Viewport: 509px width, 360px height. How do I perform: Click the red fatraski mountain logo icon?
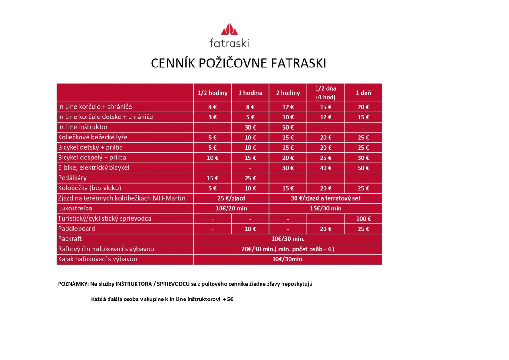pyautogui.click(x=229, y=29)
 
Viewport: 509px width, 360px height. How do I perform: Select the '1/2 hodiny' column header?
pyautogui.click(x=213, y=93)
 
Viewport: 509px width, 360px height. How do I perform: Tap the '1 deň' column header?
pyautogui.click(x=363, y=93)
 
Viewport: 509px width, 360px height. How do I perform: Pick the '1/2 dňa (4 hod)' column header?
pyautogui.click(x=325, y=93)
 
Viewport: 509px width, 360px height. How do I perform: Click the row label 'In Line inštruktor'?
pyautogui.click(x=83, y=127)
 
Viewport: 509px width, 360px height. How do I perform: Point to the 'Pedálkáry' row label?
pyautogui.click(x=72, y=178)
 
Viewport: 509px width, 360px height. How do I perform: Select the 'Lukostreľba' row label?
pyautogui.click(x=75, y=208)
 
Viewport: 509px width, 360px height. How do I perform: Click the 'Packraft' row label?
pyautogui.click(x=70, y=239)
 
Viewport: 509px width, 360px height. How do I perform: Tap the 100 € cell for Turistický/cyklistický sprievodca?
pyautogui.click(x=363, y=219)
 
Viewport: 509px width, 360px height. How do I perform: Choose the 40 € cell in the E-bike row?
pyautogui.click(x=325, y=168)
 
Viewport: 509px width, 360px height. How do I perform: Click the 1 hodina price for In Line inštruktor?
pyautogui.click(x=250, y=127)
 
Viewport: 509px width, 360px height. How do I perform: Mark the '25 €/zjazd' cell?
pyautogui.click(x=231, y=198)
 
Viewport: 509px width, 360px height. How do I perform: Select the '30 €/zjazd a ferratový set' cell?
pyautogui.click(x=325, y=198)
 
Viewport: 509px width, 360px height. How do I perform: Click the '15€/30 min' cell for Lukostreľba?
pyautogui.click(x=325, y=208)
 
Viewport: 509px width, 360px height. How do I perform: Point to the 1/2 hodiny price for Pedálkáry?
pyautogui.click(x=213, y=178)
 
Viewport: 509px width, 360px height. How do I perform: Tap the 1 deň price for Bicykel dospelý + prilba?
pyautogui.click(x=363, y=158)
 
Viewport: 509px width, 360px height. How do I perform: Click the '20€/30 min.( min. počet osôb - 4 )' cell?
pyautogui.click(x=288, y=249)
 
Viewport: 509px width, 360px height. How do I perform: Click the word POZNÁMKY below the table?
pyautogui.click(x=73, y=284)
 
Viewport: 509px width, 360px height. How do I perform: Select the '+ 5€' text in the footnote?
pyautogui.click(x=228, y=299)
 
